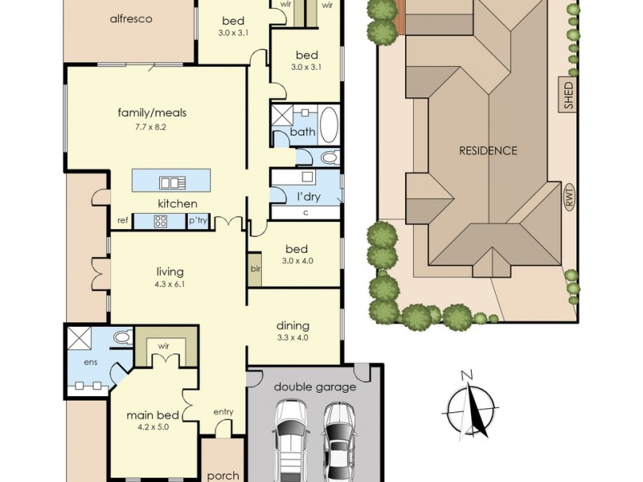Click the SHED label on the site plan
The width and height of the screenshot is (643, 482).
tap(569, 96)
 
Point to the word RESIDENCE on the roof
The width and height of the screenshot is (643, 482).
tap(488, 151)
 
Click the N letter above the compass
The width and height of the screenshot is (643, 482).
tap(467, 374)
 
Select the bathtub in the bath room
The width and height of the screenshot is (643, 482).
tap(329, 125)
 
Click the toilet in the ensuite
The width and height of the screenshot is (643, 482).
tap(122, 337)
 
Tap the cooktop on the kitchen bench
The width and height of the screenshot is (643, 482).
tap(160, 222)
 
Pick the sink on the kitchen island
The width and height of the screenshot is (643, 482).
tap(172, 182)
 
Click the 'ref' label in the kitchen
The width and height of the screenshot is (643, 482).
tap(123, 220)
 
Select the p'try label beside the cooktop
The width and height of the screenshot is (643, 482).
tap(198, 221)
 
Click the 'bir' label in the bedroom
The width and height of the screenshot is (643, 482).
tap(256, 269)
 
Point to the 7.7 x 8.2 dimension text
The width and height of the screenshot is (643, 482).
tap(151, 127)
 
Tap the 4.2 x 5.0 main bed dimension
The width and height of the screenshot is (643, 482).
tap(154, 427)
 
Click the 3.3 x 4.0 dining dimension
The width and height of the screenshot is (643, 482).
tap(293, 337)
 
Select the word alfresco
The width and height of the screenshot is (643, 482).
tap(131, 18)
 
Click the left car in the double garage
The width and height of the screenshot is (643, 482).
tap(290, 440)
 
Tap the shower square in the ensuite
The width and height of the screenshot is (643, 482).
tap(79, 338)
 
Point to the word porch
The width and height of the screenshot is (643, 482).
tap(223, 476)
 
